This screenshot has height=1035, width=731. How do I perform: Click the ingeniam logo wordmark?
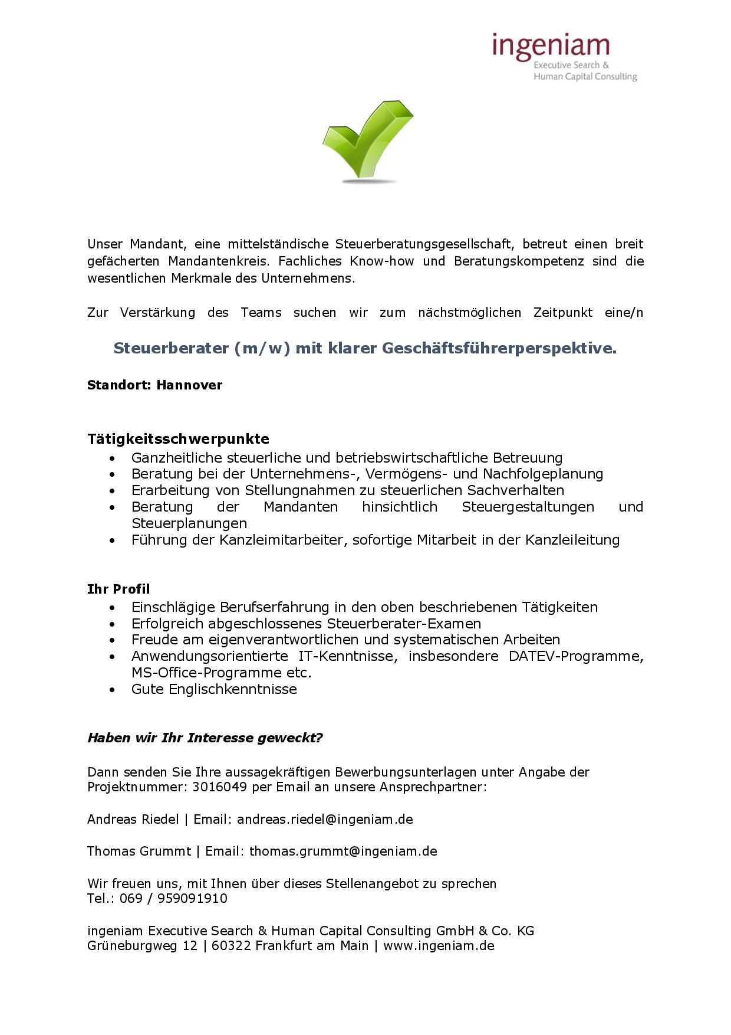click(551, 46)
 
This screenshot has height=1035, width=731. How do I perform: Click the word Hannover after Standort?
click(189, 385)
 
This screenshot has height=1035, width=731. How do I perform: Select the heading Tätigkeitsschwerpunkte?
click(178, 439)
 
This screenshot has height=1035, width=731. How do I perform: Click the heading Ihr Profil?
click(118, 589)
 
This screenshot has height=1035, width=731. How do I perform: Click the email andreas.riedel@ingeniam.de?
click(325, 819)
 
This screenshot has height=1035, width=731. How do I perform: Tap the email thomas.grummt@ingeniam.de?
click(343, 851)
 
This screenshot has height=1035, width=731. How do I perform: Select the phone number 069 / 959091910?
click(173, 898)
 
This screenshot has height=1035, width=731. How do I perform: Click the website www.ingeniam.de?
click(439, 946)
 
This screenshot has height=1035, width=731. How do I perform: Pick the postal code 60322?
click(231, 946)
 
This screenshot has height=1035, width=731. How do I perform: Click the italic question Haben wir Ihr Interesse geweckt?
click(205, 738)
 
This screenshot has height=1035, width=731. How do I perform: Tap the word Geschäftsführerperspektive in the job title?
click(499, 349)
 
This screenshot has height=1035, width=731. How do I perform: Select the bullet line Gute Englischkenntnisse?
click(214, 689)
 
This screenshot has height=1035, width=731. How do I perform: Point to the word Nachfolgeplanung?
click(543, 474)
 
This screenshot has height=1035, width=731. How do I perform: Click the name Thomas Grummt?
click(139, 851)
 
